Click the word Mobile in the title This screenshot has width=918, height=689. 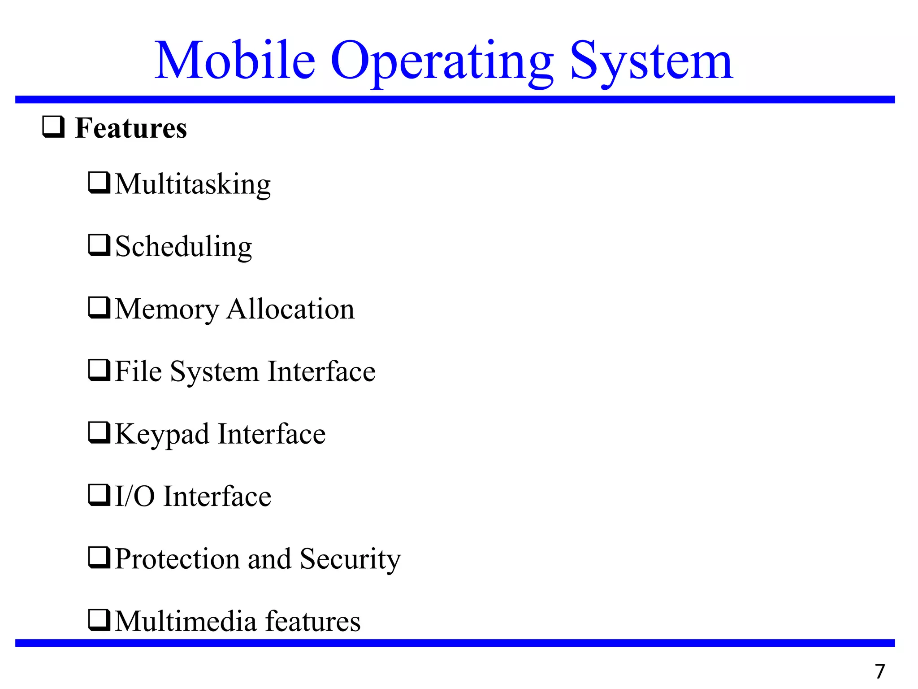tap(235, 60)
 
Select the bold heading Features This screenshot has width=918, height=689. tap(130, 128)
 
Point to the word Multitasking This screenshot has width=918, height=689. tap(193, 184)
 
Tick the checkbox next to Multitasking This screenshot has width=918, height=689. tap(99, 183)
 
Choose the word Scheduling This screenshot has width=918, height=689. tap(184, 247)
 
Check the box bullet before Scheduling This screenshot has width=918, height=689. tap(99, 245)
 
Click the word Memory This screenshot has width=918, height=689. tap(167, 310)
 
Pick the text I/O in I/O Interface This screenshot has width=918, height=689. tap(134, 496)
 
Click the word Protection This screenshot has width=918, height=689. tap(178, 559)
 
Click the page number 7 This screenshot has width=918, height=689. tap(880, 672)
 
